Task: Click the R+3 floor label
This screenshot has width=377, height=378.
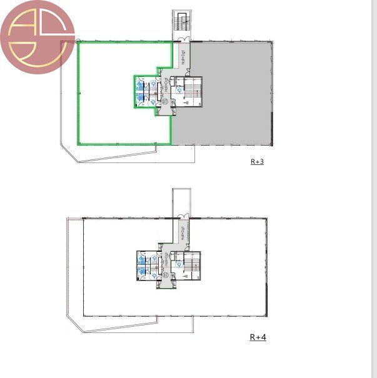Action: [257, 161]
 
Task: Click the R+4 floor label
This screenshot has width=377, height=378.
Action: [258, 337]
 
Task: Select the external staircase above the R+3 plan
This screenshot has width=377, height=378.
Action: [181, 24]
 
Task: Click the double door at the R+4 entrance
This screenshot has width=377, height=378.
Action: [182, 217]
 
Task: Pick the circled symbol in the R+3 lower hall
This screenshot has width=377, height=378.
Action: [165, 101]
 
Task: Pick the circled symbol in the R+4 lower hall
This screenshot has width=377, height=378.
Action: [166, 275]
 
